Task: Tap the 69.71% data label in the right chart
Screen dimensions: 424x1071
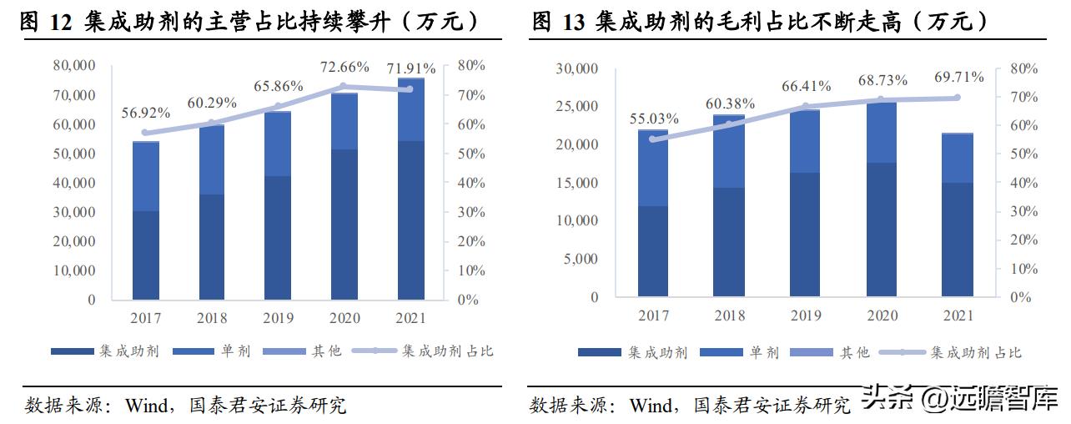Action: click(x=957, y=78)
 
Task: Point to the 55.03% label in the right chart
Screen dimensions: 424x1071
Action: click(x=653, y=119)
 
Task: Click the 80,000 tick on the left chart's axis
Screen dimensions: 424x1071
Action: click(x=74, y=65)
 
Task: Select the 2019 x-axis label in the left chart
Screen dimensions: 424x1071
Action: click(x=278, y=318)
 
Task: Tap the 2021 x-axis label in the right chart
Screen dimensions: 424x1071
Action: click(x=958, y=315)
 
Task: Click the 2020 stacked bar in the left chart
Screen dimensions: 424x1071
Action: click(x=344, y=196)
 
